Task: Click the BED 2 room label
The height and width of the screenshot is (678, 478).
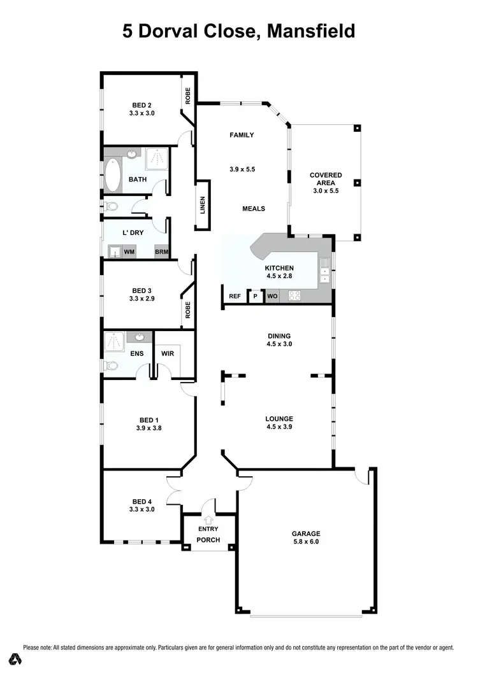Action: point(142,105)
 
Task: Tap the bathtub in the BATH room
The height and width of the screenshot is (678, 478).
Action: point(113,176)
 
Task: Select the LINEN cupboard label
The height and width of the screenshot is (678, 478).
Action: point(203,206)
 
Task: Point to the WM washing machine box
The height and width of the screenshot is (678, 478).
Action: point(129,252)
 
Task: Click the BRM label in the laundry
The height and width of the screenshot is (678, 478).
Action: point(161,252)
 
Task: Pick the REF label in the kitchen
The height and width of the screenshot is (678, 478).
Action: point(235,296)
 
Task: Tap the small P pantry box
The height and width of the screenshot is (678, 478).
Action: point(256,296)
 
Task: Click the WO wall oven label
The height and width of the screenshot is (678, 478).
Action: point(272,296)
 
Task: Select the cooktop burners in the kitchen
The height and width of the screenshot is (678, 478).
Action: point(295,295)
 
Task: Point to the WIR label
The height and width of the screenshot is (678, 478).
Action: point(168,354)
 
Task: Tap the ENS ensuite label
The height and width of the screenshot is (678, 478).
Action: point(137,354)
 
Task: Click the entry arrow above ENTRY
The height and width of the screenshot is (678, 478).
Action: point(208,520)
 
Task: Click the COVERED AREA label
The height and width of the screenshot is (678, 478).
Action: point(326,179)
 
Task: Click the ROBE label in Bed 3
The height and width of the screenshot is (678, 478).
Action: point(188,309)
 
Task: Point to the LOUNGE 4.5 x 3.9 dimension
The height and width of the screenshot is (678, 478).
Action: point(279,427)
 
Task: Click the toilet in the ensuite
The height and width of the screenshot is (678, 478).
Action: point(112,365)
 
